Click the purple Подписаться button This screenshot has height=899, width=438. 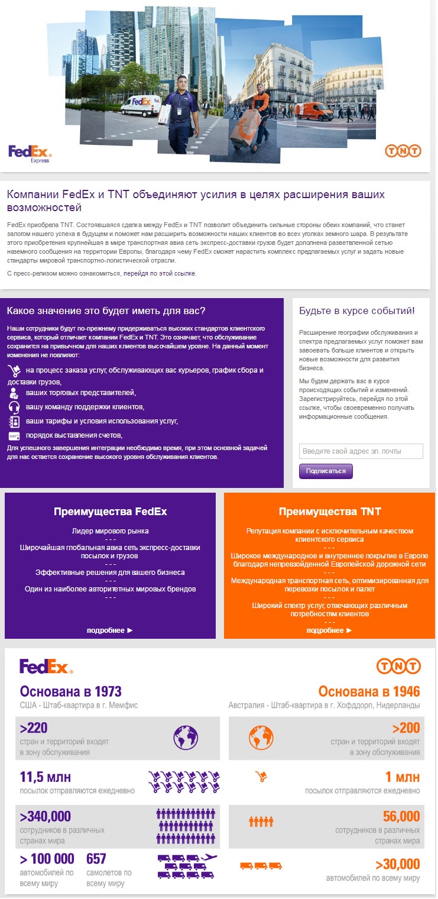click(x=326, y=471)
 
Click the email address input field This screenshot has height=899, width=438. click(x=361, y=451)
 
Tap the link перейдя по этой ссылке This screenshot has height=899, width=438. click(x=159, y=273)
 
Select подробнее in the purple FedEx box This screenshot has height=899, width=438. click(x=110, y=630)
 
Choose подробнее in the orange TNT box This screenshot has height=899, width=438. click(x=329, y=630)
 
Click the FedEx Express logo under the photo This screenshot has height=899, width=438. click(x=30, y=154)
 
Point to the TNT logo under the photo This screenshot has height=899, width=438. click(x=403, y=151)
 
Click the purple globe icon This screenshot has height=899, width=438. click(x=185, y=738)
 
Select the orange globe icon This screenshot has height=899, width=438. click(x=261, y=738)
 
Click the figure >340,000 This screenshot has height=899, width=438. click(x=46, y=817)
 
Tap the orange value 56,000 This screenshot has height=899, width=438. click(x=401, y=817)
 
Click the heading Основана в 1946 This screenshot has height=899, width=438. click(x=369, y=691)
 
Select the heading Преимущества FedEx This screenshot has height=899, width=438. click(x=110, y=512)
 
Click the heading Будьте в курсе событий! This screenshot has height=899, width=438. click(x=357, y=311)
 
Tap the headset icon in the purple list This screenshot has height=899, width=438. click(x=14, y=407)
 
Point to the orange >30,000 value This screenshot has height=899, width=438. click(x=397, y=864)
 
